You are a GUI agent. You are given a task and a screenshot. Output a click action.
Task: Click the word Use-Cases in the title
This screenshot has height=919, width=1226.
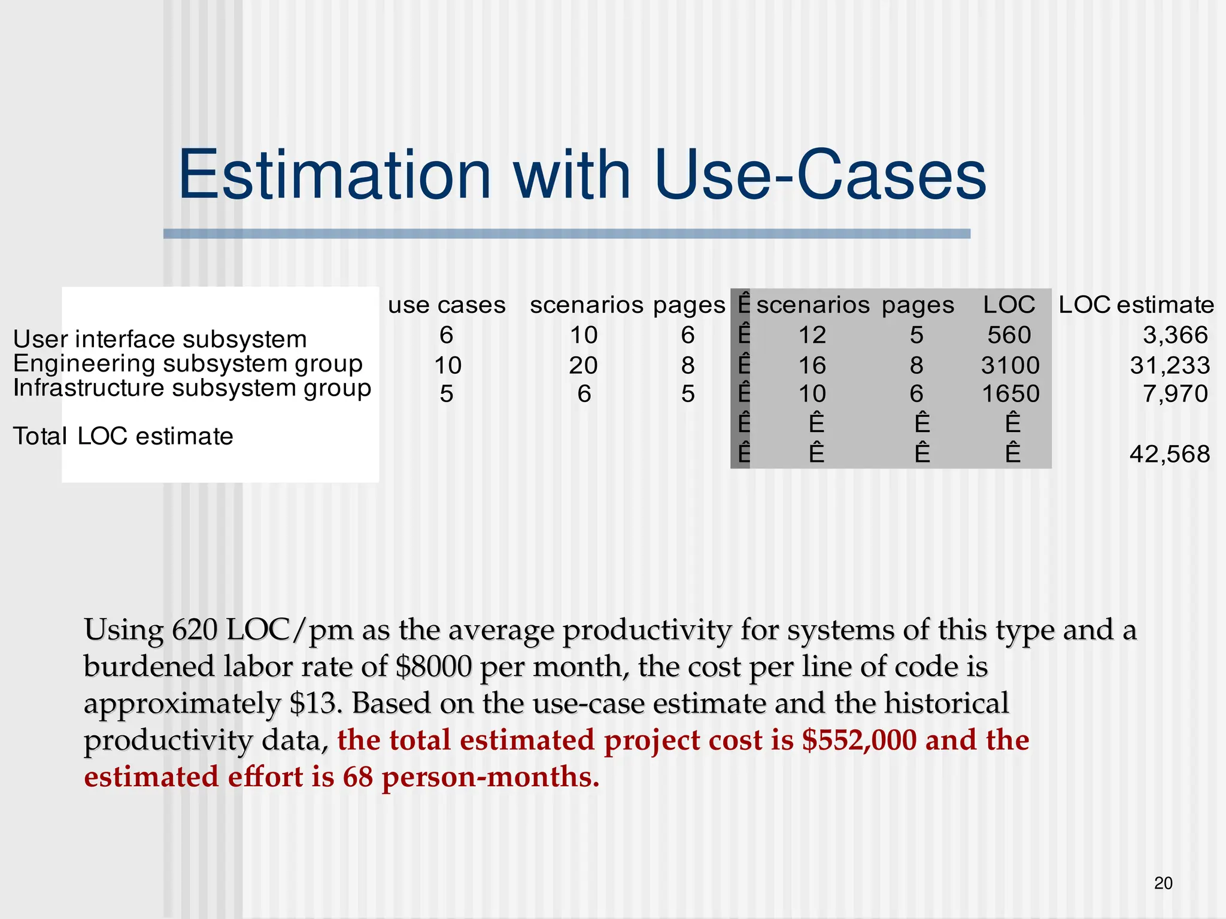click(820, 175)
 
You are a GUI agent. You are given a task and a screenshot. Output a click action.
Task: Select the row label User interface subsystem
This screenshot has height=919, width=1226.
click(160, 339)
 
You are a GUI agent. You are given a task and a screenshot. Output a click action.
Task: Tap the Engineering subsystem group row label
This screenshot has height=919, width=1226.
click(188, 364)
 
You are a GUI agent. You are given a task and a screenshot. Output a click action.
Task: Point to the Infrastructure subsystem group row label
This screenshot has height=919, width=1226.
click(192, 388)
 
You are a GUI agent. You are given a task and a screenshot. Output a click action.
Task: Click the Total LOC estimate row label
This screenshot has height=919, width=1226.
click(123, 436)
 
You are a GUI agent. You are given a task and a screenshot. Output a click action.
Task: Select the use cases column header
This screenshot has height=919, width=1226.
click(447, 305)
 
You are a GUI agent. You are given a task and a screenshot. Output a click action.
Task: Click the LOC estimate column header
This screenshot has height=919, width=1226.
click(1136, 305)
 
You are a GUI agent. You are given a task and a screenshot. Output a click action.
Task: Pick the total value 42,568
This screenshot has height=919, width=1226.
click(1169, 454)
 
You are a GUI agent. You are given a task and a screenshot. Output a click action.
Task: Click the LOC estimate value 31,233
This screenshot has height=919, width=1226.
click(1169, 365)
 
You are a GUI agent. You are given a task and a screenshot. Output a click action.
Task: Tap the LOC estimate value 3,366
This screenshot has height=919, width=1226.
click(1175, 335)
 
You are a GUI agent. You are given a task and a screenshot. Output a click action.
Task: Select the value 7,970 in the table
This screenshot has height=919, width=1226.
click(1175, 394)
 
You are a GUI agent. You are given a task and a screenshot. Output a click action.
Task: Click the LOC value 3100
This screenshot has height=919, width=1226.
click(1010, 365)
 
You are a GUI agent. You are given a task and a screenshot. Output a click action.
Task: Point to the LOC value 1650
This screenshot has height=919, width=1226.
click(1010, 394)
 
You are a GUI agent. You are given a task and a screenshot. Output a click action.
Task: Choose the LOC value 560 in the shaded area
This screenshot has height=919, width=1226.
click(1009, 335)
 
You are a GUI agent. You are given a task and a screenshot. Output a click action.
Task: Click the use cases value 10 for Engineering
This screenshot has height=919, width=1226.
click(447, 365)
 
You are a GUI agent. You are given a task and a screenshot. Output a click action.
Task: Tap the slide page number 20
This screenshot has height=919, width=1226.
click(1163, 883)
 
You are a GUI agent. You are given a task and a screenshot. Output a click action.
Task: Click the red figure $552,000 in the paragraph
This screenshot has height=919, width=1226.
click(859, 740)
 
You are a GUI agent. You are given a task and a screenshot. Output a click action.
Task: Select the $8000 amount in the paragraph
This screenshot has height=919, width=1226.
click(433, 667)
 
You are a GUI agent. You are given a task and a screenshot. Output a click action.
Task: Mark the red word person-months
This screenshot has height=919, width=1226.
click(490, 777)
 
